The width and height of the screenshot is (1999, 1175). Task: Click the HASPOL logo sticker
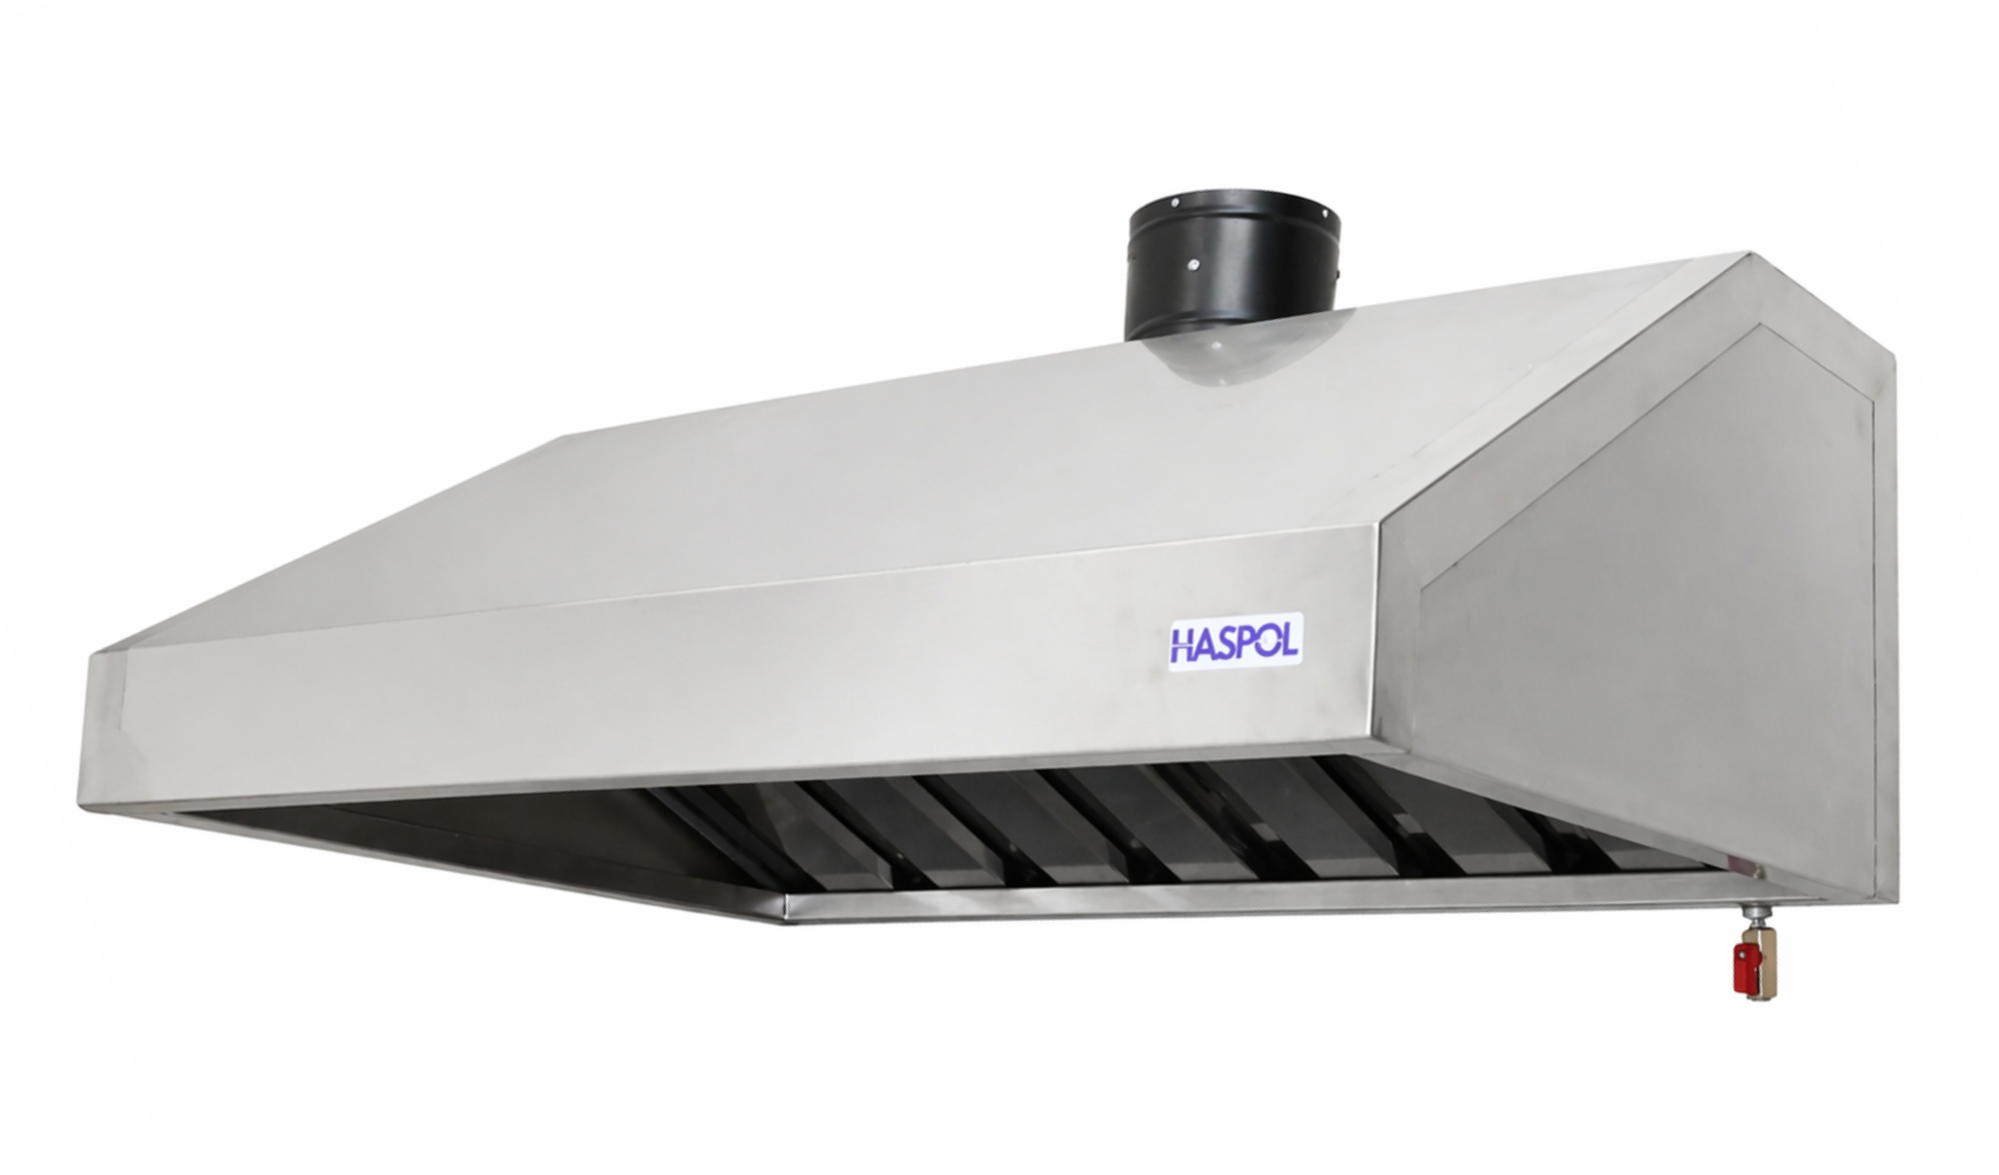(x=1235, y=645)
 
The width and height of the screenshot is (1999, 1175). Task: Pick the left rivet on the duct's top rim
(x=1175, y=203)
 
